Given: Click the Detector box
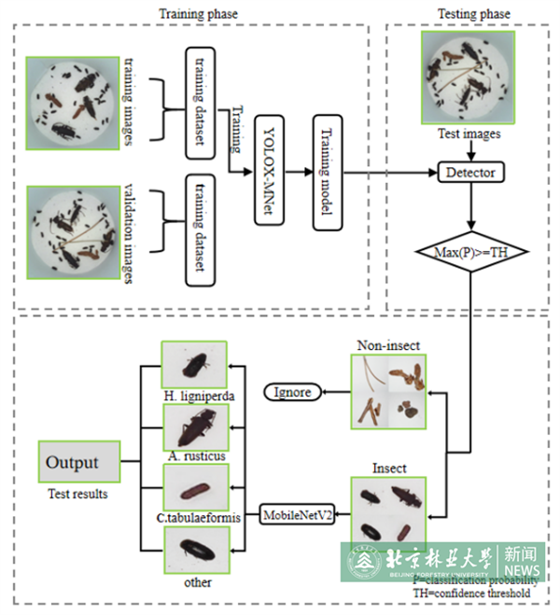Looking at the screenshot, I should click(x=471, y=172).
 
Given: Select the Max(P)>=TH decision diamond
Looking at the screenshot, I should click(x=471, y=252).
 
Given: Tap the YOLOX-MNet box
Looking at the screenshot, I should click(x=269, y=172).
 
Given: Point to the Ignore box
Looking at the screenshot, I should click(x=292, y=392).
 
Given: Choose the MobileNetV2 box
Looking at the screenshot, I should click(x=298, y=515).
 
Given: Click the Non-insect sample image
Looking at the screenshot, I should click(x=386, y=391).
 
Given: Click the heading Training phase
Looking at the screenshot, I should click(x=198, y=14).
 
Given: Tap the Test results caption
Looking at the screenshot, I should click(x=77, y=494).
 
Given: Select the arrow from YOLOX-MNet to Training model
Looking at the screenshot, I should click(x=299, y=172).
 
